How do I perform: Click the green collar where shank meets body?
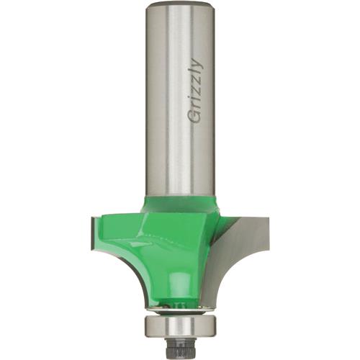click(x=180, y=203)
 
